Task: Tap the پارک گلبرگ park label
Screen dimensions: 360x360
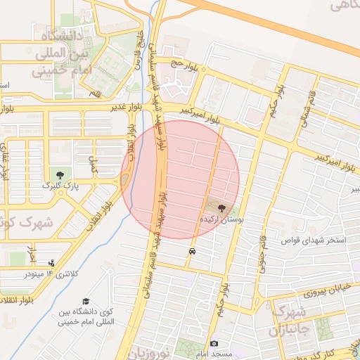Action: pyautogui.click(x=58, y=186)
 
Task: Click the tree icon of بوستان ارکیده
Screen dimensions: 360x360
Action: pyautogui.click(x=222, y=208)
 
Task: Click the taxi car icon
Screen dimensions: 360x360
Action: pyautogui.click(x=192, y=250)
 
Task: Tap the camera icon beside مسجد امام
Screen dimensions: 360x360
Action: pyautogui.click(x=214, y=343)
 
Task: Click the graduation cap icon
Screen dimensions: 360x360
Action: pyautogui.click(x=86, y=302)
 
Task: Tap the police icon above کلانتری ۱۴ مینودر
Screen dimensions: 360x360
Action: pyautogui.click(x=51, y=263)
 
